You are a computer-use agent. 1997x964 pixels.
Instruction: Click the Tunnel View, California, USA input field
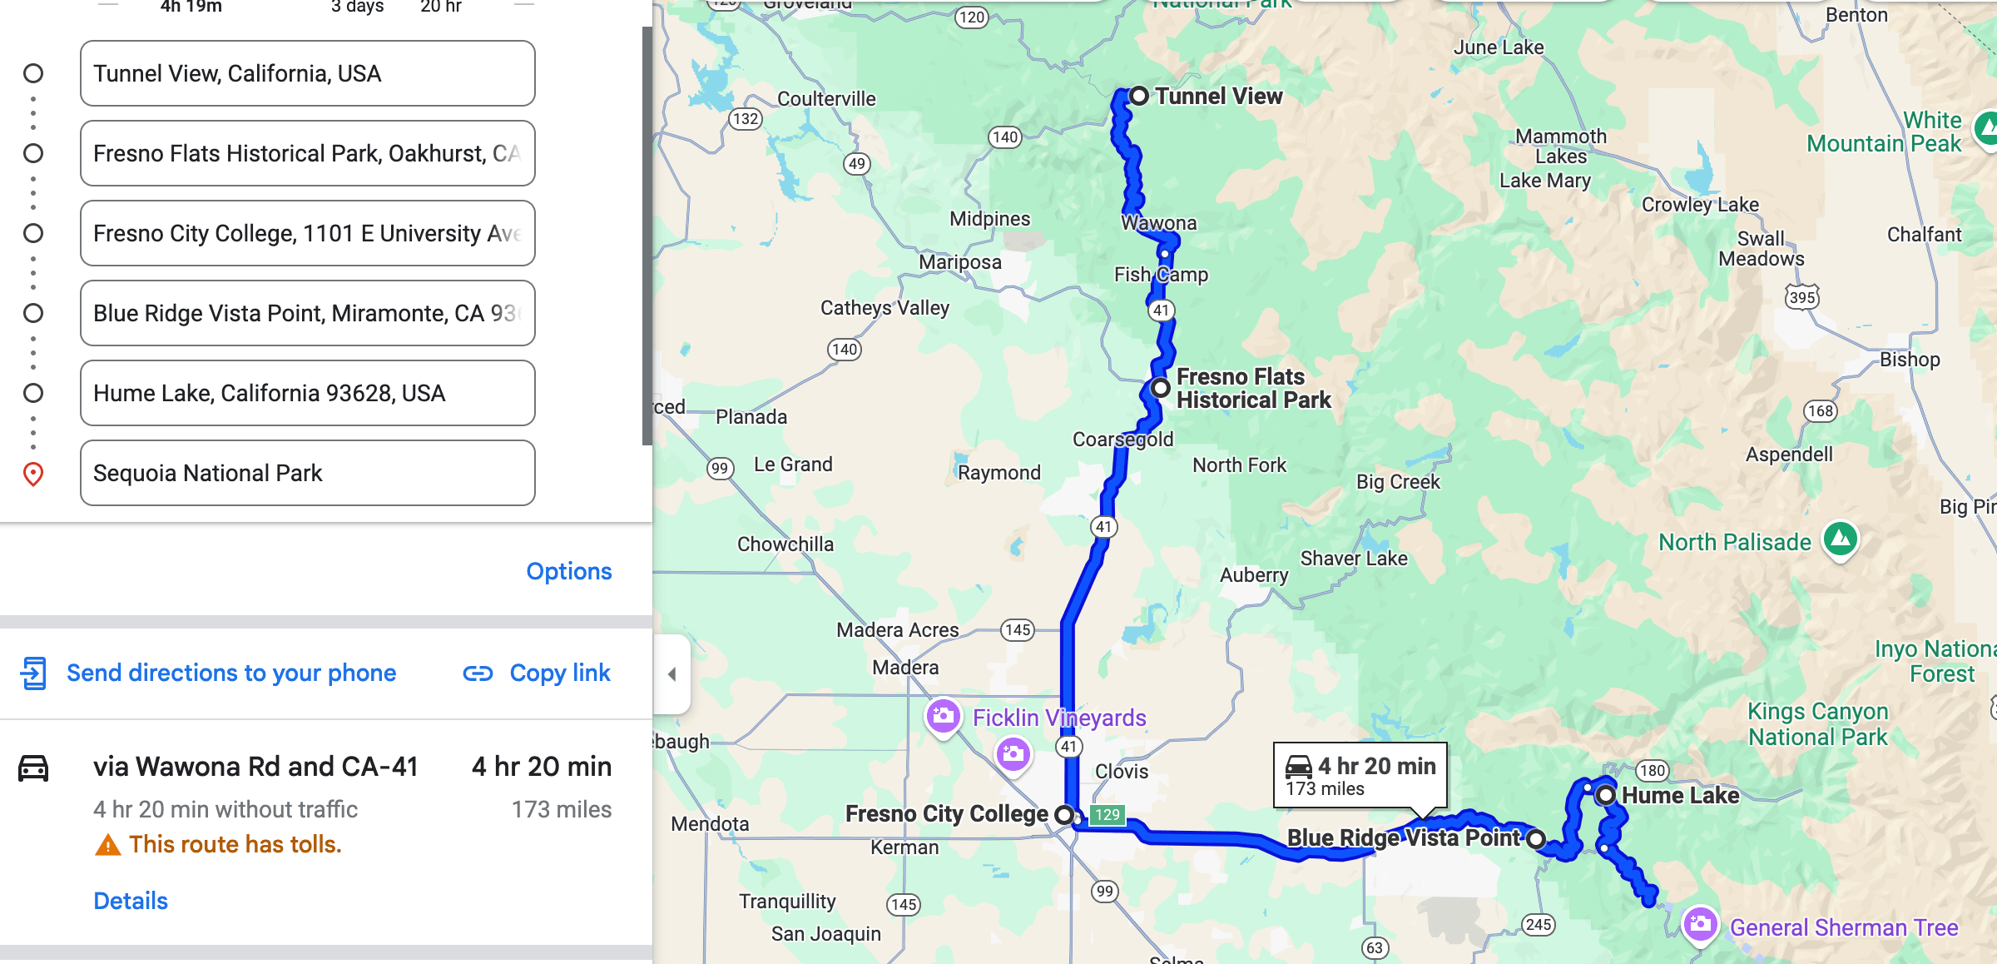tap(307, 73)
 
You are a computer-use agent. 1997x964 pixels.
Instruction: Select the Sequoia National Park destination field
tap(307, 473)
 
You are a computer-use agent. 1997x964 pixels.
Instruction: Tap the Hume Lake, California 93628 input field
tap(307, 393)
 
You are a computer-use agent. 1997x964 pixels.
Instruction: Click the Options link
tap(568, 571)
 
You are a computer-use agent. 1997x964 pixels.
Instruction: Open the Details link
tap(131, 901)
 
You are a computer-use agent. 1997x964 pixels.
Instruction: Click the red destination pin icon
tap(33, 474)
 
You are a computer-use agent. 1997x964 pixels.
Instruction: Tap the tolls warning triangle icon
tap(107, 846)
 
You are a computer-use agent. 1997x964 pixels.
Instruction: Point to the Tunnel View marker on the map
tap(1139, 96)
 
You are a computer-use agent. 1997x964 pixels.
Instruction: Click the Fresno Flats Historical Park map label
tap(1252, 389)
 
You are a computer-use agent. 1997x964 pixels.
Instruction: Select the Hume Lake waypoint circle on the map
tap(1606, 795)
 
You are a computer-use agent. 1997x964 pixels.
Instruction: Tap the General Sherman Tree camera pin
tap(1700, 925)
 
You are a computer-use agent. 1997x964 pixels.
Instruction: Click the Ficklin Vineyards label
tap(1059, 718)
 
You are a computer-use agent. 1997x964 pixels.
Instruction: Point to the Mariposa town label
tap(959, 262)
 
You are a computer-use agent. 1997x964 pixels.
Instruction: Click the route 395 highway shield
tap(1801, 297)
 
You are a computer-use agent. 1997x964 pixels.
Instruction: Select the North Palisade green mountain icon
tap(1841, 539)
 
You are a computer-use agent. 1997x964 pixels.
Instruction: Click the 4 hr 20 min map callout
tap(1360, 775)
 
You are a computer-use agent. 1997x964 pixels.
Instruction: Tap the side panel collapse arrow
tap(672, 674)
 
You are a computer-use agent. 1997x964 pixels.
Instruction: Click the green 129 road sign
tap(1107, 814)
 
